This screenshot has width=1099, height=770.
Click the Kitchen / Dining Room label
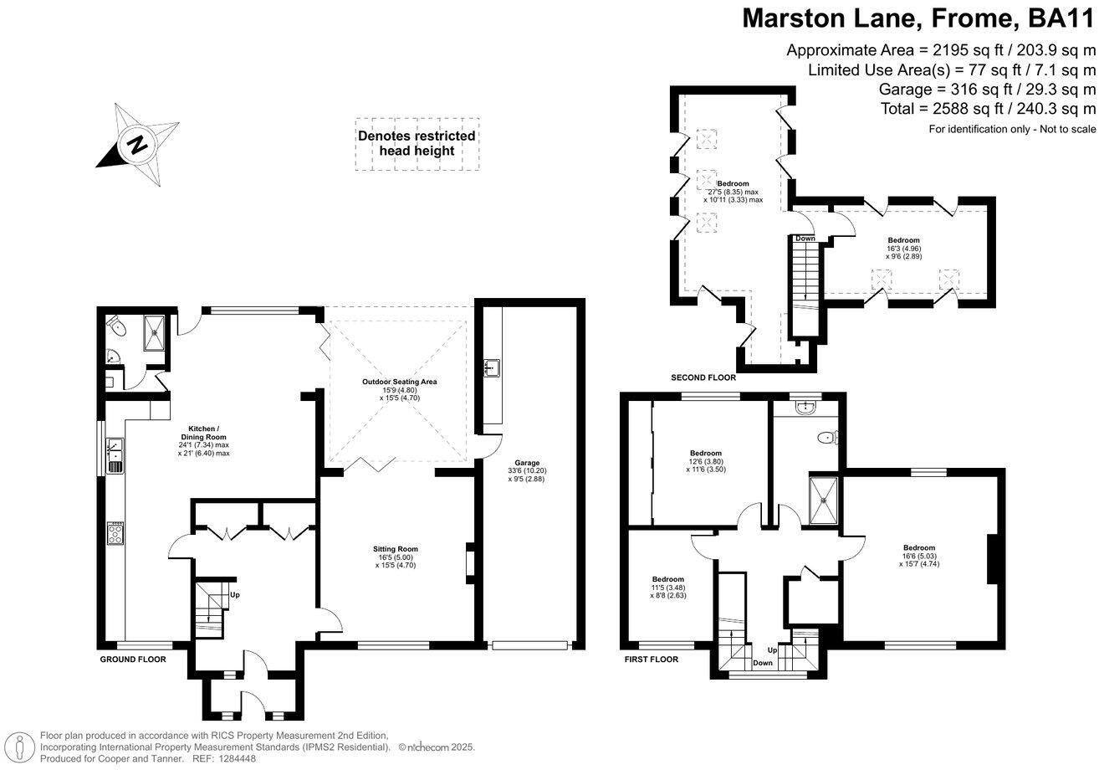203,440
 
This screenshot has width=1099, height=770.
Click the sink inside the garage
492,367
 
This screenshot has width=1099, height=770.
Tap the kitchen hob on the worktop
115,533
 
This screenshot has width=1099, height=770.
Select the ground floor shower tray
155,332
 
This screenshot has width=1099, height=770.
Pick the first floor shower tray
826,501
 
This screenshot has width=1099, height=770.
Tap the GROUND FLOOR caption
133,660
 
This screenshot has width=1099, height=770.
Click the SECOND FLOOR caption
703,378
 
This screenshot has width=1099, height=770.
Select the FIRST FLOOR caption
652,660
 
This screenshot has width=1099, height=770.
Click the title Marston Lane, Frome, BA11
918,18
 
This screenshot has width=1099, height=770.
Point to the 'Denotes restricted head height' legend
417,143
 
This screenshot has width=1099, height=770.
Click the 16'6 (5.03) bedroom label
918,556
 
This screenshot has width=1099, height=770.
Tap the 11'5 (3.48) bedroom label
668,588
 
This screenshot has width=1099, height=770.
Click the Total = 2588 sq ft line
988,109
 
